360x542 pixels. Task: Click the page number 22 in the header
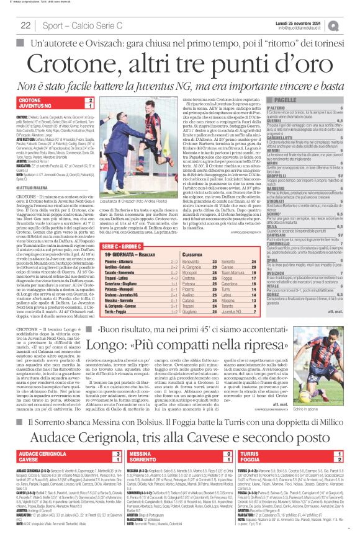pos(26,25)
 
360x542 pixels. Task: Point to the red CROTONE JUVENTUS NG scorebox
pos(56,103)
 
